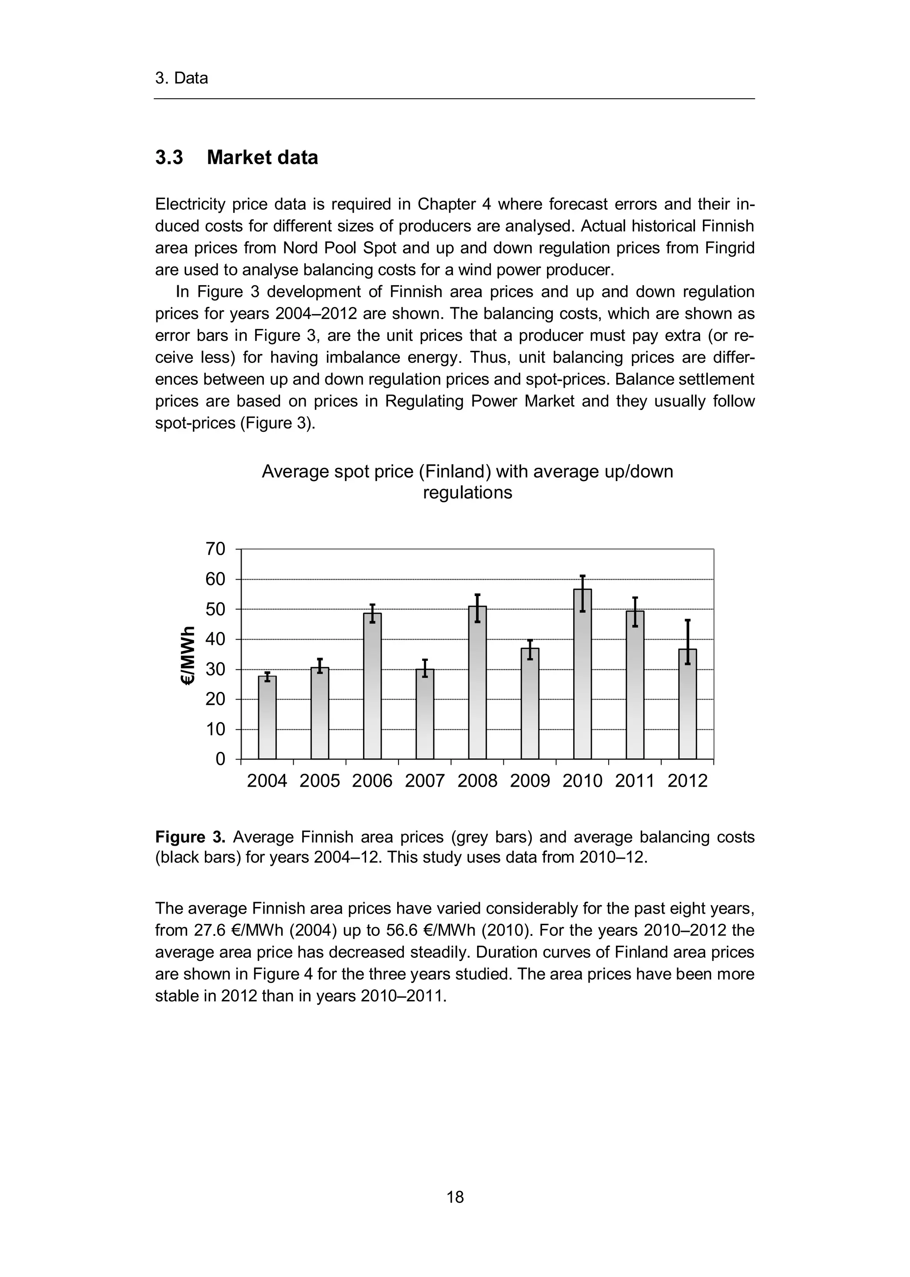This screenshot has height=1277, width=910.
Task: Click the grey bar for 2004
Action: tap(267, 720)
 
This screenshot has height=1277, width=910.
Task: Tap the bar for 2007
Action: tap(425, 717)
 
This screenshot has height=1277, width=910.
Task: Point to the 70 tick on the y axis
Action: tap(215, 549)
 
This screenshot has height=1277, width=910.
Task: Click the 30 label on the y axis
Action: tap(215, 669)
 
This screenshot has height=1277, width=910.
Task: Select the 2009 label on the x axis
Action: tap(530, 781)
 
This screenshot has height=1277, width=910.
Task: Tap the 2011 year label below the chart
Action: tap(635, 781)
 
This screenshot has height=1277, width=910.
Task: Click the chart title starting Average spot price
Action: tap(467, 481)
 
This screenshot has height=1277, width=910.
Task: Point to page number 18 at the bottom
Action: tap(455, 1197)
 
